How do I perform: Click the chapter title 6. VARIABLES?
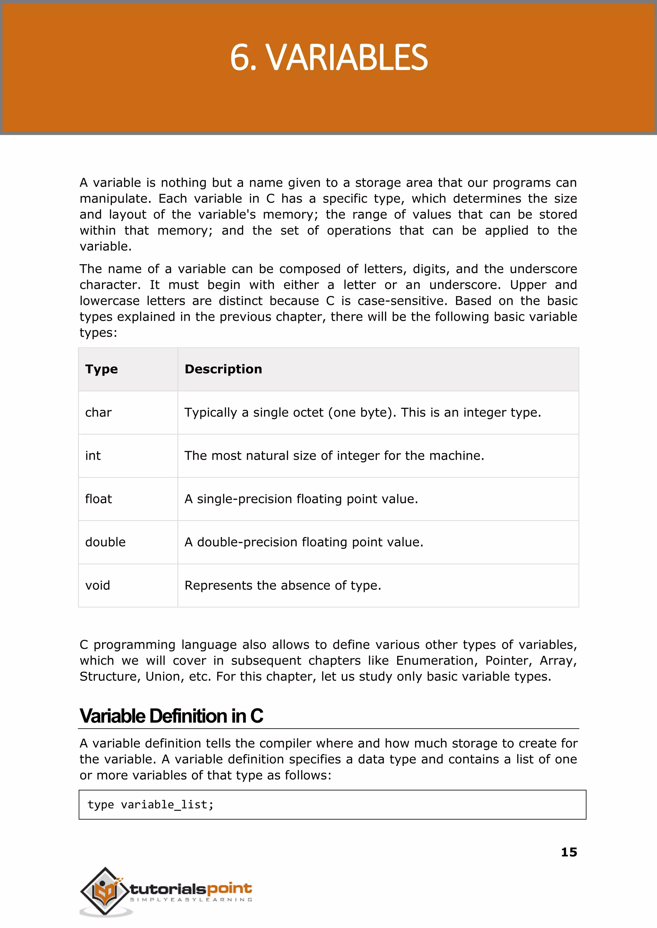tap(328, 58)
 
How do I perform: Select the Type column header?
tap(102, 369)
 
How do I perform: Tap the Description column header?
tap(223, 369)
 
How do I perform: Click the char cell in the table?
tap(98, 412)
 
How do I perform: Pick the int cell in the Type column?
tap(93, 456)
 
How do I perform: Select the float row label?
tap(98, 499)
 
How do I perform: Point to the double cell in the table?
tap(105, 542)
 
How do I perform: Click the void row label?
tap(98, 586)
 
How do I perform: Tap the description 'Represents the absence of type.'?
tap(283, 586)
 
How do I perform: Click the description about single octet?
tap(363, 412)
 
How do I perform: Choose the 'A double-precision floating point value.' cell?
tap(304, 542)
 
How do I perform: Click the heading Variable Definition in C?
tap(171, 716)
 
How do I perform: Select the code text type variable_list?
tap(150, 805)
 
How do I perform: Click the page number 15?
tap(569, 852)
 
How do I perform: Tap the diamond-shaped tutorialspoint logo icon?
tap(105, 891)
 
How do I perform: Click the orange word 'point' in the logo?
tap(229, 888)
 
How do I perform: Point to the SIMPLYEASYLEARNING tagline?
tap(191, 900)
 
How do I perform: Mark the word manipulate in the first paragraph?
tap(115, 199)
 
